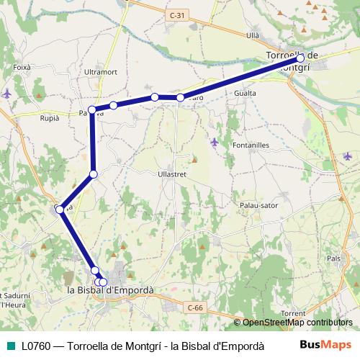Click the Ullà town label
[252, 35]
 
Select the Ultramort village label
[100, 73]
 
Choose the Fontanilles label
[251, 145]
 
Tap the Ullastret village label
[174, 174]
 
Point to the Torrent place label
[294, 313]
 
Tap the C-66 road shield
[195, 308]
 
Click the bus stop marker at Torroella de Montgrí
[300, 58]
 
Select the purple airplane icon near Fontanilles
[214, 141]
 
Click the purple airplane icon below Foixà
[7, 93]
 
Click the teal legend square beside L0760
[9, 345]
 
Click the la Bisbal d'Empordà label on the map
[110, 290]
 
